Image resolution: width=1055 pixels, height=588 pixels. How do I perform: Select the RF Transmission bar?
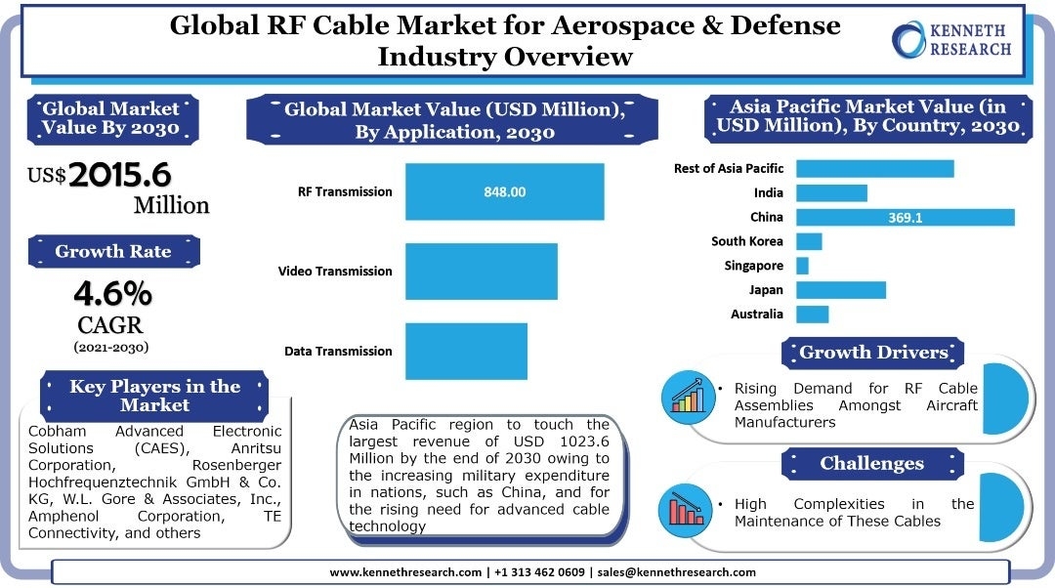(x=504, y=191)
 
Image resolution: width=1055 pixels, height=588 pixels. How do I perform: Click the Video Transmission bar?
(x=481, y=272)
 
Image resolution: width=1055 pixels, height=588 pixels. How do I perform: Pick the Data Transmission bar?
(x=466, y=351)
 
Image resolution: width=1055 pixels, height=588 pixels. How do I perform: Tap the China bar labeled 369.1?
(x=905, y=217)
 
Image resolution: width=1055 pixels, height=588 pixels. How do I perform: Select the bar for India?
(x=831, y=193)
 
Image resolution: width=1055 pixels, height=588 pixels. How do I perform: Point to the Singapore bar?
(x=802, y=266)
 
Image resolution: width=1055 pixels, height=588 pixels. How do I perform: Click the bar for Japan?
(x=840, y=290)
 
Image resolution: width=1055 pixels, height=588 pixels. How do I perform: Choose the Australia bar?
(x=812, y=315)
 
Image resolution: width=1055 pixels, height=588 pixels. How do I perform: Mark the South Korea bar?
(x=809, y=241)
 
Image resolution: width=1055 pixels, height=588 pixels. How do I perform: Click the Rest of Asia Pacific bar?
(x=874, y=169)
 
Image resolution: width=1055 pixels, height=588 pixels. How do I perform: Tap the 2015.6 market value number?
(x=119, y=175)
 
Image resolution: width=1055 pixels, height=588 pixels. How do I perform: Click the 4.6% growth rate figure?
(x=112, y=293)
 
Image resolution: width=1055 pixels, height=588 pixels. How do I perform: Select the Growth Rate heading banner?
(x=112, y=251)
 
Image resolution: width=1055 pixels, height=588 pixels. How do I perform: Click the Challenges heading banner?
(x=871, y=464)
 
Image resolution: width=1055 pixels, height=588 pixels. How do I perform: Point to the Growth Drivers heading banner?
(x=873, y=353)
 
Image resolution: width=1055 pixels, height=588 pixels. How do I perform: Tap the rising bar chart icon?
(x=688, y=396)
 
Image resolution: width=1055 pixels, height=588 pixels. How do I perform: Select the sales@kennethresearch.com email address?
(x=676, y=572)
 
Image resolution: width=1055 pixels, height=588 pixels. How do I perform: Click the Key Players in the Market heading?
(x=154, y=395)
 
